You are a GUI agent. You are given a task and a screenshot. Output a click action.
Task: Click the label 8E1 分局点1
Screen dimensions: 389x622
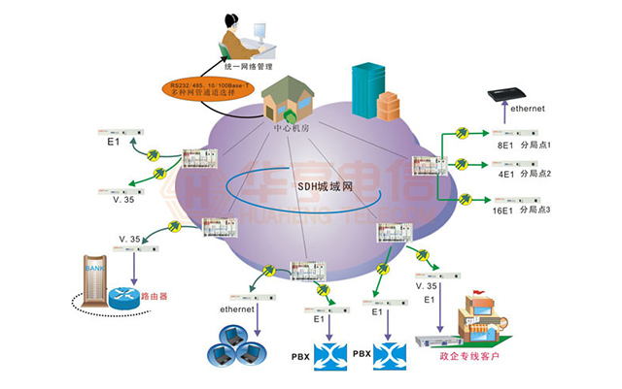click(524, 145)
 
